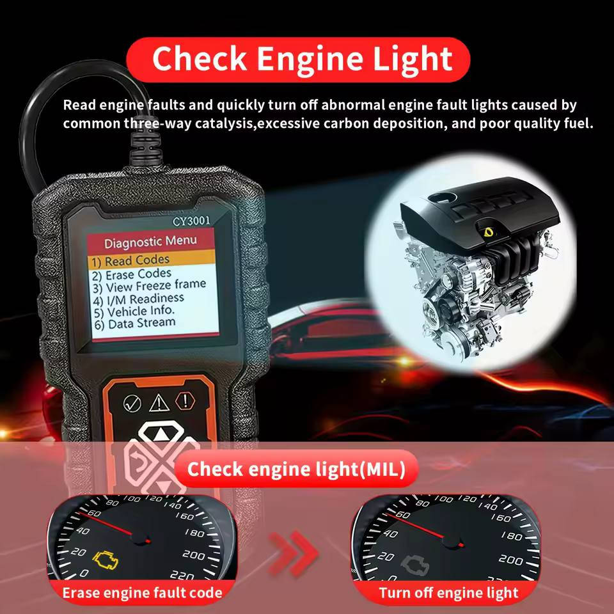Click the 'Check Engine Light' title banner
pyautogui.click(x=301, y=59)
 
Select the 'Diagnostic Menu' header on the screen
pyautogui.click(x=150, y=242)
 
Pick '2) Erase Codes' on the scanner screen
pyautogui.click(x=139, y=274)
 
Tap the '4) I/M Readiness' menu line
pyautogui.click(x=146, y=299)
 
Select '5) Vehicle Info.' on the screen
pyautogui.click(x=142, y=311)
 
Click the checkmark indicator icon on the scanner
pyautogui.click(x=132, y=403)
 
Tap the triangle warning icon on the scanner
pyautogui.click(x=158, y=403)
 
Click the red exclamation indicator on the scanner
pyautogui.click(x=185, y=401)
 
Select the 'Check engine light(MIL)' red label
pyautogui.click(x=296, y=470)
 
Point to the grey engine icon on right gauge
pyautogui.click(x=414, y=564)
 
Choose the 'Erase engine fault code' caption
pyautogui.click(x=142, y=593)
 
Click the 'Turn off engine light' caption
pyautogui.click(x=448, y=593)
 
